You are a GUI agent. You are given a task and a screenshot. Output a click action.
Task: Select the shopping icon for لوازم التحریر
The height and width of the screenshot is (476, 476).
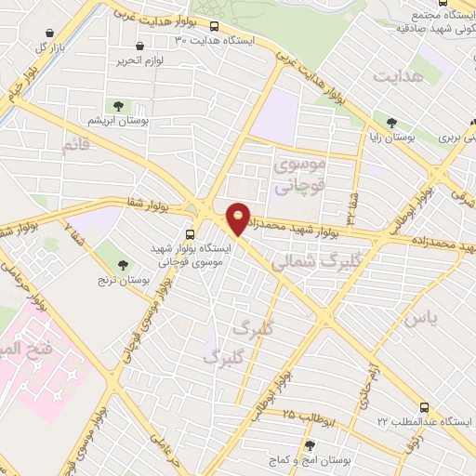point(140,46)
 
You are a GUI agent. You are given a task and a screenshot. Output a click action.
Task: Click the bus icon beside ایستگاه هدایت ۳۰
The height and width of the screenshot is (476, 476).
point(216,27)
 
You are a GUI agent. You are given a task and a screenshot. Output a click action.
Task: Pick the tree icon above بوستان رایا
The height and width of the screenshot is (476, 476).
point(392,122)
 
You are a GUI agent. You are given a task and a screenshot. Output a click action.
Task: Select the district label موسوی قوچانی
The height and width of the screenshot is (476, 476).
point(300,175)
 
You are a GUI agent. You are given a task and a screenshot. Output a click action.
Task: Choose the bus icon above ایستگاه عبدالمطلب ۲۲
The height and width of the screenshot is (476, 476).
point(425,406)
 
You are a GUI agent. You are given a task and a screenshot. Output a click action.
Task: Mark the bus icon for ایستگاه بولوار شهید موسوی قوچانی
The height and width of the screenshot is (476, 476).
point(190,234)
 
